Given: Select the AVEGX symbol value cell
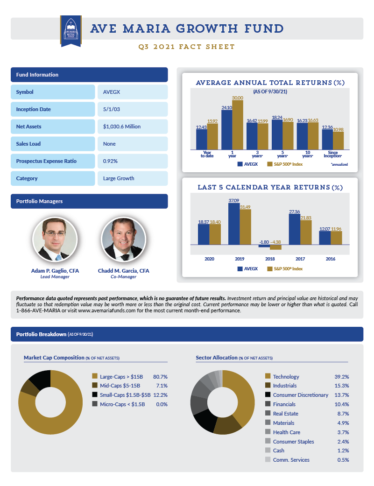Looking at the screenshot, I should click(x=132, y=92).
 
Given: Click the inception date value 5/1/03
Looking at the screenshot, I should click(x=132, y=109).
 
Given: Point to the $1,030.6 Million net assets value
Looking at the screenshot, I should click(x=132, y=127).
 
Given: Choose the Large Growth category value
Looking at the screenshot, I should click(x=132, y=178).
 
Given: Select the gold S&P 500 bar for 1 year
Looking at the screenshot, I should click(x=238, y=124).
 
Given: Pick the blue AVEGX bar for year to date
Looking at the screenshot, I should click(x=202, y=139).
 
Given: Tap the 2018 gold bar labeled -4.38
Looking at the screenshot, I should click(x=275, y=247).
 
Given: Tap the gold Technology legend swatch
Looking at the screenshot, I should click(x=268, y=376).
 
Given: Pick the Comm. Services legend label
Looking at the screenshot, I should click(x=291, y=460).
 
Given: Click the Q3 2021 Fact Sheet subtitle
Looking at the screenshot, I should click(x=187, y=47).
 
